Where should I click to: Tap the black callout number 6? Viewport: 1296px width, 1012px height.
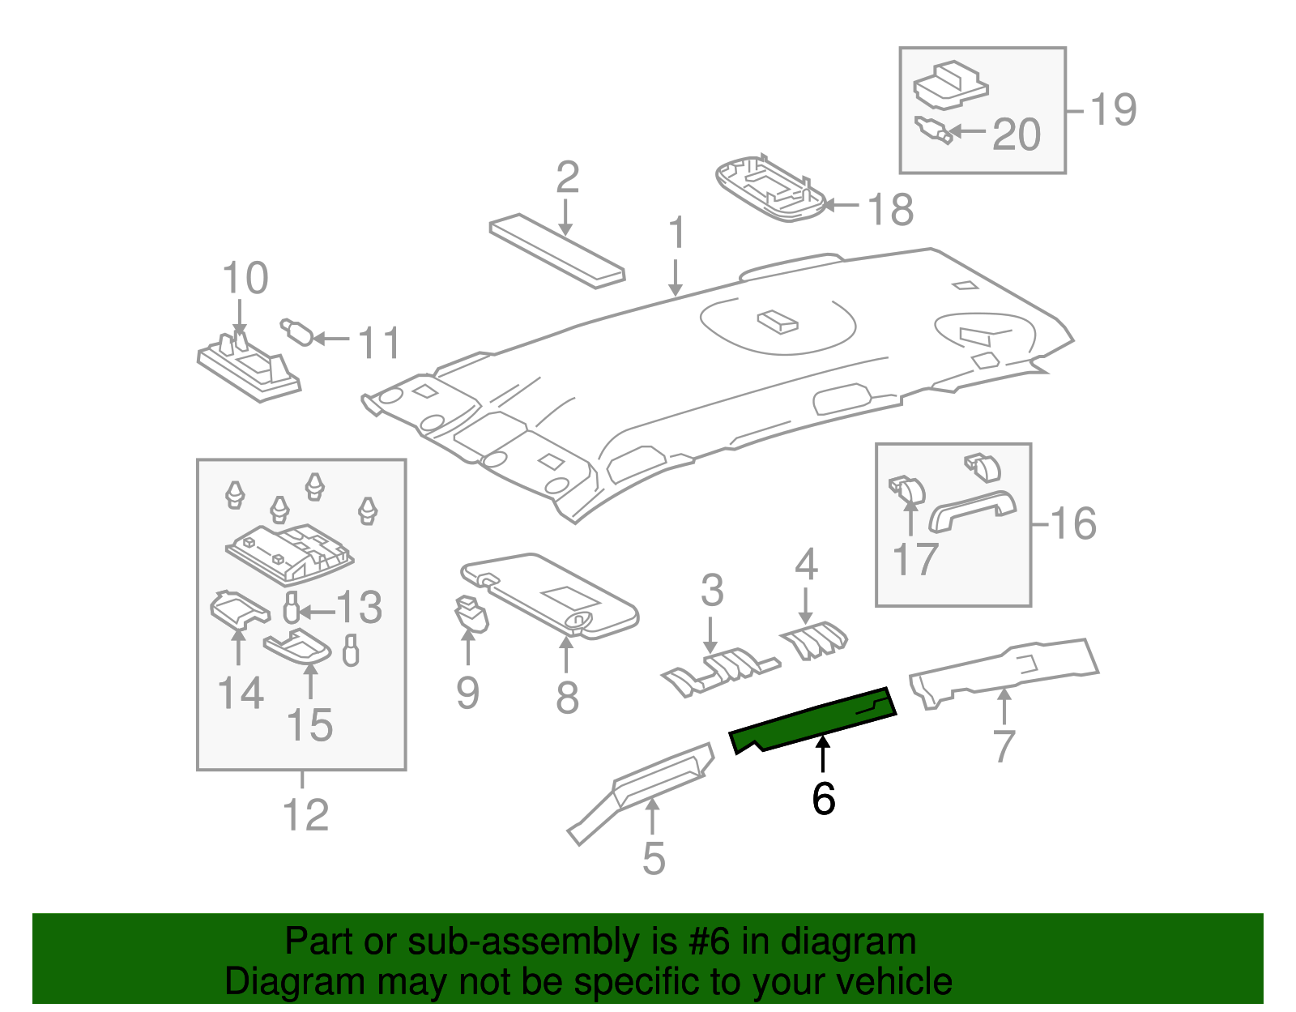point(823,799)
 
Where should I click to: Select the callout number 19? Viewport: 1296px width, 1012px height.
point(1113,109)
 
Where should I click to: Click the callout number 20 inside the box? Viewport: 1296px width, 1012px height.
point(1016,135)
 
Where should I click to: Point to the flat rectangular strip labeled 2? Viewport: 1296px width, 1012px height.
point(556,250)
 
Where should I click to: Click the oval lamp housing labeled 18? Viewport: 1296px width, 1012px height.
point(769,188)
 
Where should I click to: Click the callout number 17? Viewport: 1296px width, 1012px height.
point(914,559)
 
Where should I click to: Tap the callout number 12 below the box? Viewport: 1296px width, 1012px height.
point(305,815)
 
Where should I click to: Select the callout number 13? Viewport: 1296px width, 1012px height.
point(359,608)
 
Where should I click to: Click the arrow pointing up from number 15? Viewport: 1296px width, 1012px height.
point(310,679)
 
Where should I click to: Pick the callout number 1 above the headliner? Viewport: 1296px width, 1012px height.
point(676,233)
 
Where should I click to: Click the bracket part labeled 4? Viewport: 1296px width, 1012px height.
point(814,639)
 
